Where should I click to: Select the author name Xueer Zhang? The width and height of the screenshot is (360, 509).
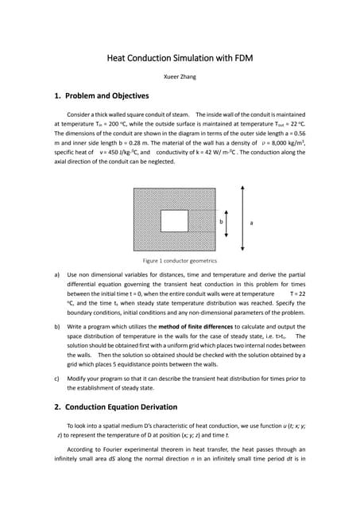(180, 77)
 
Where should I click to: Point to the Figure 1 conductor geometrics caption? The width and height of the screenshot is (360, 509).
(180, 260)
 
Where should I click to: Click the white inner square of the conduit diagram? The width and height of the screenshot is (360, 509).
(174, 220)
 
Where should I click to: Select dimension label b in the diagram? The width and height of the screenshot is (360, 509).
(221, 223)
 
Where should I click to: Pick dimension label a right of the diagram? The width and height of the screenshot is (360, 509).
(252, 223)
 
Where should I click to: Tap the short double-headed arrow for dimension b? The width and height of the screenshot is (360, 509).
(228, 222)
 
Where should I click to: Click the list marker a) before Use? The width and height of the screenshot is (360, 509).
(57, 276)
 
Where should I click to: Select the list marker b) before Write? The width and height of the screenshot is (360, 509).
(57, 326)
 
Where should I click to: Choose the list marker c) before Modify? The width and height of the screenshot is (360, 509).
(57, 376)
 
